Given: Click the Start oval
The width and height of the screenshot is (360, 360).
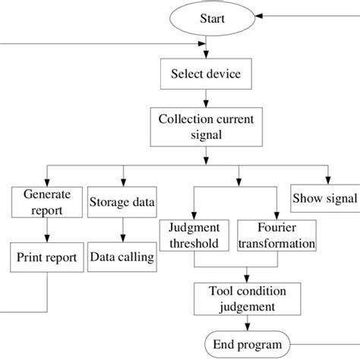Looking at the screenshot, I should pos(207,17).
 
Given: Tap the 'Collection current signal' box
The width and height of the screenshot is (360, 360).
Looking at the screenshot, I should pos(207,126).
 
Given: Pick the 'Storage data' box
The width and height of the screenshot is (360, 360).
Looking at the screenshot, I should pos(122,201).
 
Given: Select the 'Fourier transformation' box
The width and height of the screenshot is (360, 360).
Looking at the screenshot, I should pos(276,235).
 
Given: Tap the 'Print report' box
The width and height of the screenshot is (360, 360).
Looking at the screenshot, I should pos(47,257).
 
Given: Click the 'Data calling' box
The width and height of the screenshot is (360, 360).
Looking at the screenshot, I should pos(122,257).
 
